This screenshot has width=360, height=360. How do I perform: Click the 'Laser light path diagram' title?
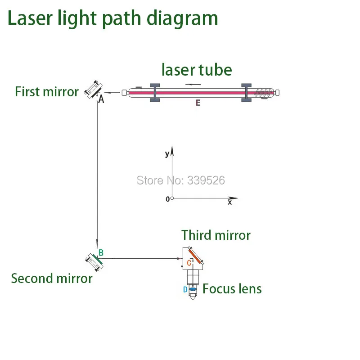point(112,18)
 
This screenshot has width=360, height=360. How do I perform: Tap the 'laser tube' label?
point(197,70)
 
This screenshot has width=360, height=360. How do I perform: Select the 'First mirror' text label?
point(47,92)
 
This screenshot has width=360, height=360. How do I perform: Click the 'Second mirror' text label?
point(52,278)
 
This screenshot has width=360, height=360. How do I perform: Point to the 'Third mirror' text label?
point(216,235)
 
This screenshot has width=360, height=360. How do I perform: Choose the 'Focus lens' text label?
point(232,288)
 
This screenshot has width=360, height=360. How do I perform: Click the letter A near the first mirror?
point(101,99)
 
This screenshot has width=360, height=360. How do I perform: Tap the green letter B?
point(101,253)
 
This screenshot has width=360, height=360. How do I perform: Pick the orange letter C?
point(189,263)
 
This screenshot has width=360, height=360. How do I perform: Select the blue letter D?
point(185,290)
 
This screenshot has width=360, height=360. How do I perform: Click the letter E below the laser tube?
point(198,103)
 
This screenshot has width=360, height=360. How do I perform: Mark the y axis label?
point(167,154)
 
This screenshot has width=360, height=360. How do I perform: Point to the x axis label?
point(229,203)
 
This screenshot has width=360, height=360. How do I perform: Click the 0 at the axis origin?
point(167,199)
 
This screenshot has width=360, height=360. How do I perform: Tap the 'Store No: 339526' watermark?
point(180,180)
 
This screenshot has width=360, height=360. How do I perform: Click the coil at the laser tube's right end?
point(264,93)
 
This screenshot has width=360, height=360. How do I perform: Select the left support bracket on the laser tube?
point(154,93)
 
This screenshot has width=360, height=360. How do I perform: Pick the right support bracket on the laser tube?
point(246,93)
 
